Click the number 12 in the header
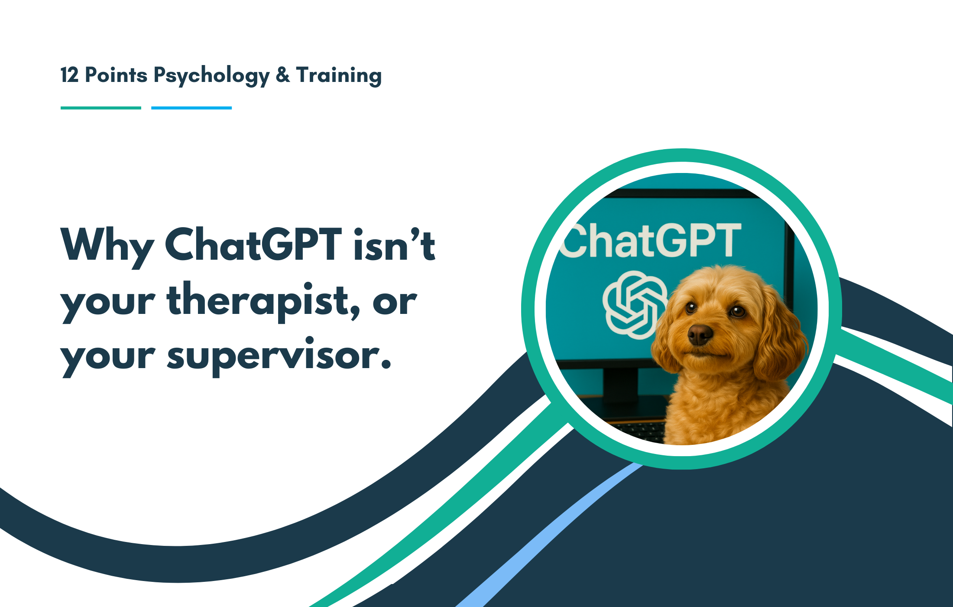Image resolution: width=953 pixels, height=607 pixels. tap(69, 75)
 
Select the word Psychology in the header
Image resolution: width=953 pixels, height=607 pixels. tap(211, 76)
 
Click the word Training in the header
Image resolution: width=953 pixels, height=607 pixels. tap(339, 76)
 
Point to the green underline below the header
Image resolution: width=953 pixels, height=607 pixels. tap(100, 108)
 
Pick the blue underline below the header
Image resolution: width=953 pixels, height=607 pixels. tap(191, 108)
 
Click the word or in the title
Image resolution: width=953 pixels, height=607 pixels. tap(394, 302)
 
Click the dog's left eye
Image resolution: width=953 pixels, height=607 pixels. tap(690, 308)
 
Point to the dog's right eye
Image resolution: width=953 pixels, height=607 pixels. tap(736, 310)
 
